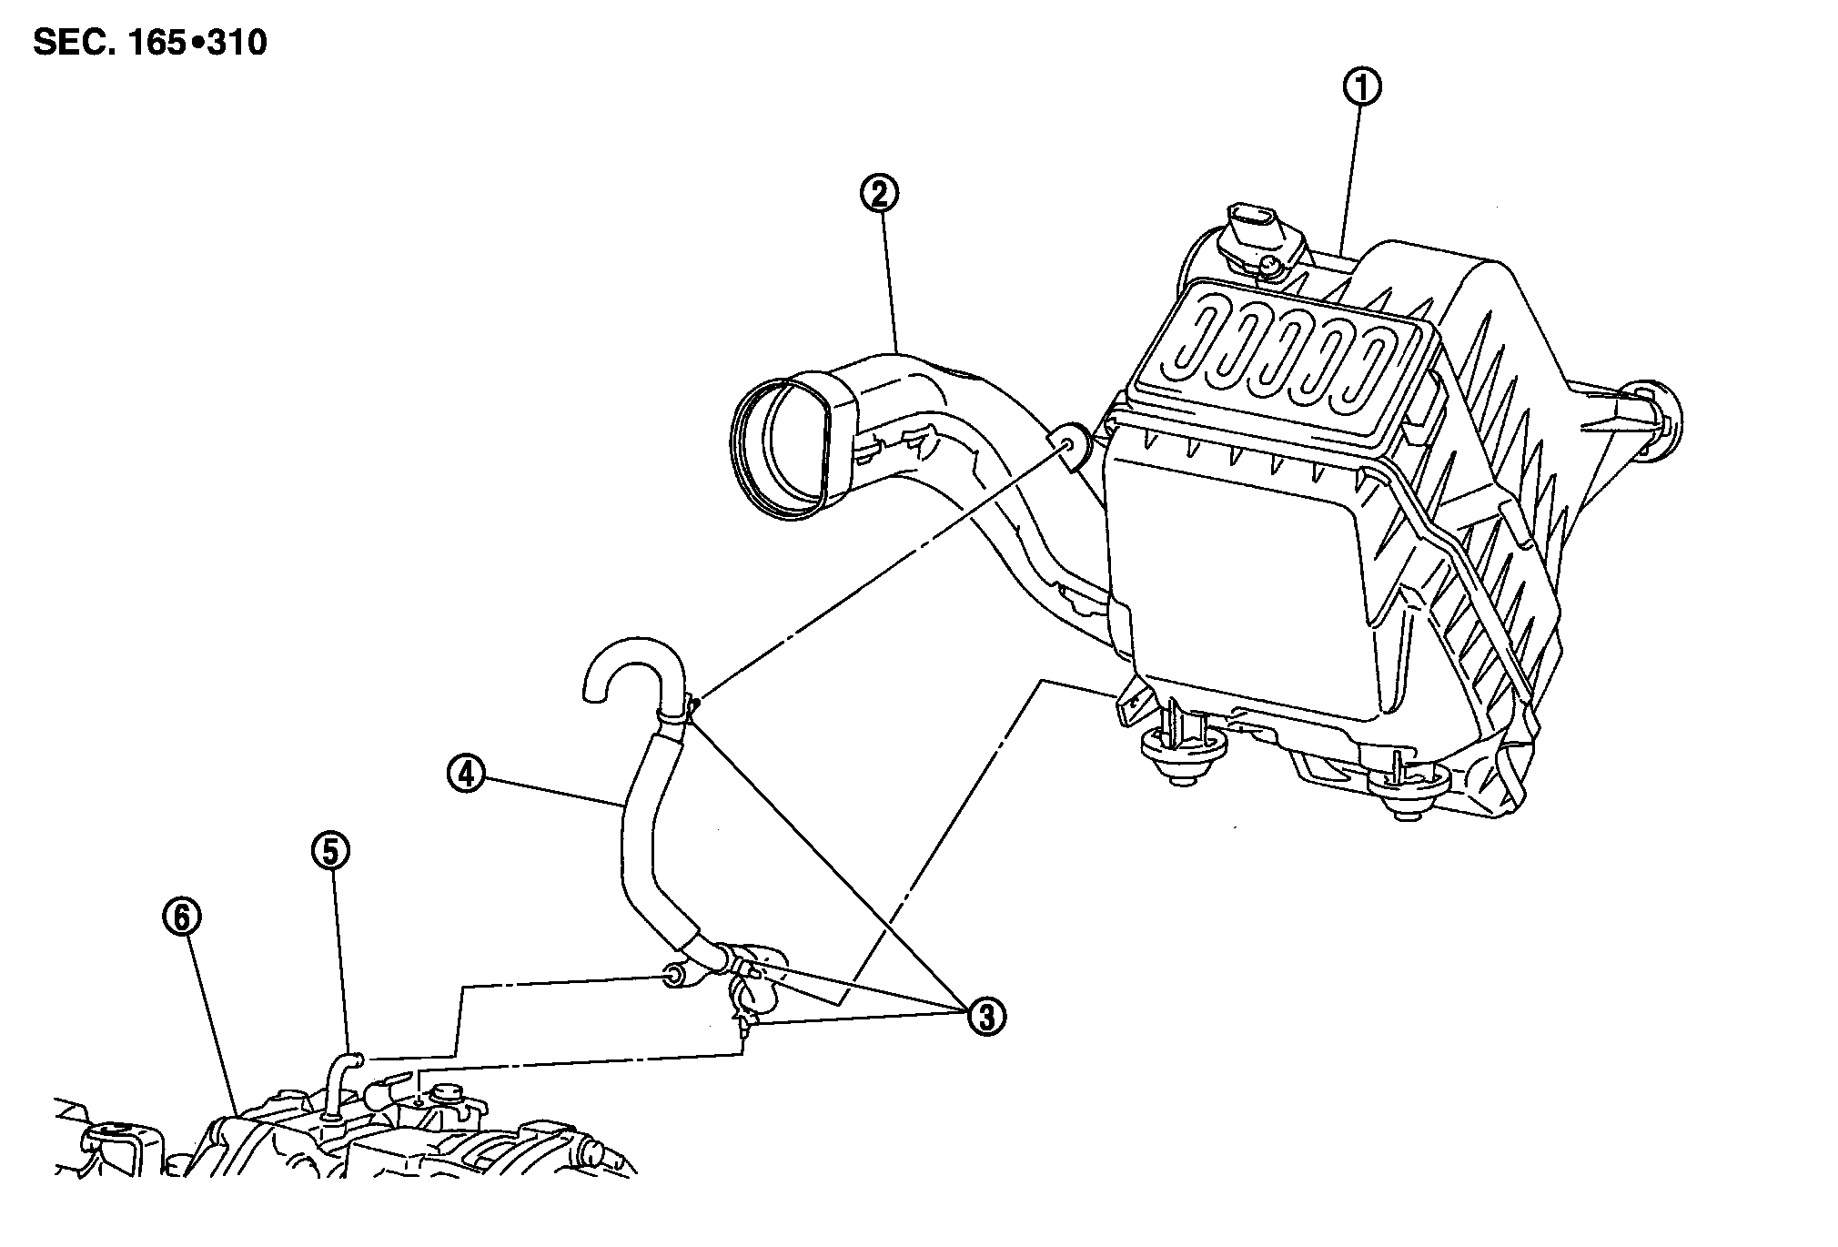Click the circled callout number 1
click(1361, 87)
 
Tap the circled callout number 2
click(880, 194)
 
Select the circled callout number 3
click(986, 1016)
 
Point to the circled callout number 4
click(465, 774)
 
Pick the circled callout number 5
click(329, 850)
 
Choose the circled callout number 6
click(181, 919)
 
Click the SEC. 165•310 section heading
click(150, 43)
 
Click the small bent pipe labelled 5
click(340, 1078)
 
